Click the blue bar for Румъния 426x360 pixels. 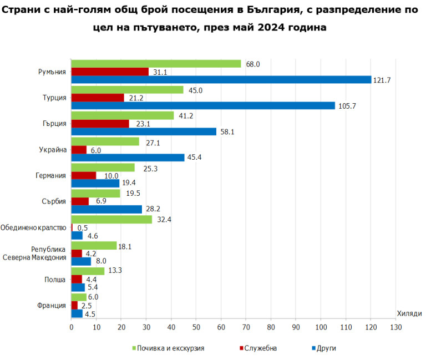pyautogui.click(x=221, y=80)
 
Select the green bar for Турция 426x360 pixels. pyautogui.click(x=127, y=90)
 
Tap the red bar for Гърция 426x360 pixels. pyautogui.click(x=100, y=123)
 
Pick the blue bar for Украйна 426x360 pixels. pyautogui.click(x=128, y=158)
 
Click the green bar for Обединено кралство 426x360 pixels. pyautogui.click(x=111, y=219)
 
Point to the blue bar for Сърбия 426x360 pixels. pyautogui.click(x=106, y=209)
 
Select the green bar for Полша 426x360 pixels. pyautogui.click(x=88, y=271)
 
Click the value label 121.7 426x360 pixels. pyautogui.click(x=382, y=80)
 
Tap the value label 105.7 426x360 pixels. pyautogui.click(x=346, y=106)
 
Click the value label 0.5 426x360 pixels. pyautogui.click(x=83, y=228)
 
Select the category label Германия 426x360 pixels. pyautogui.click(x=51, y=175)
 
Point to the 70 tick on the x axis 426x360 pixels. pyautogui.click(x=246, y=328)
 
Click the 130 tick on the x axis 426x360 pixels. pyautogui.click(x=395, y=328)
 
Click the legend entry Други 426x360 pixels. pyautogui.click(x=326, y=348)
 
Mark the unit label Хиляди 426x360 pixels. pyautogui.click(x=409, y=314)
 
